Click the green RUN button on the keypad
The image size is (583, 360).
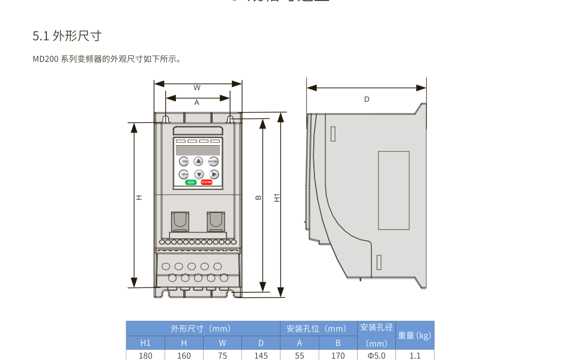pyautogui.click(x=191, y=182)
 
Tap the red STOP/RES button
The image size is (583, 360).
pyautogui.click(x=206, y=182)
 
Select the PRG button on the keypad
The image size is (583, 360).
pyautogui.click(x=184, y=161)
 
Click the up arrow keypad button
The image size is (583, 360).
pyautogui.click(x=198, y=161)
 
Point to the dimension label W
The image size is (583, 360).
pyautogui.click(x=197, y=87)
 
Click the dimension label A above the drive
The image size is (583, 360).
pyautogui.click(x=197, y=102)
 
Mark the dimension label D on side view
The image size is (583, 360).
pyautogui.click(x=367, y=99)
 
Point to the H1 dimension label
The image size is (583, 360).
pyautogui.click(x=277, y=197)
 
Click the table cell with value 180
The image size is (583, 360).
pyautogui.click(x=145, y=355)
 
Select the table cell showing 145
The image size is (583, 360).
pyautogui.click(x=261, y=355)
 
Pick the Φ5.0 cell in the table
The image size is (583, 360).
pyautogui.click(x=376, y=355)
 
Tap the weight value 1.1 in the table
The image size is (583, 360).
pyautogui.click(x=415, y=355)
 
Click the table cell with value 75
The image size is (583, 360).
pyautogui.click(x=223, y=355)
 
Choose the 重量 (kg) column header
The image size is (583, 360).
pyautogui.click(x=415, y=335)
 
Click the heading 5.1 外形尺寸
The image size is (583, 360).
pyautogui.click(x=67, y=36)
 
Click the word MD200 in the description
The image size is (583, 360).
pyautogui.click(x=45, y=59)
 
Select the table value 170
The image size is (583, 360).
pyautogui.click(x=338, y=355)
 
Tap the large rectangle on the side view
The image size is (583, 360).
pyautogui.click(x=394, y=190)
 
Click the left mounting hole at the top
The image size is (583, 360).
pyautogui.click(x=166, y=118)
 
